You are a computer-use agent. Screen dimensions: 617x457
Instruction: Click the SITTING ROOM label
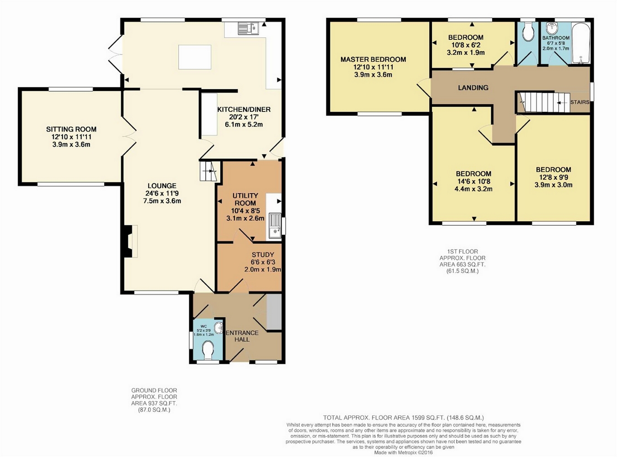71,129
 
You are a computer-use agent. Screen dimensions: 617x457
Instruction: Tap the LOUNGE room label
162,186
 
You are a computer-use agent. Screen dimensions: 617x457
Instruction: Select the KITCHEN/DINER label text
244,109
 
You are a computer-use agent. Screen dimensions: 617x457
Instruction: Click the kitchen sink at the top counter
249,29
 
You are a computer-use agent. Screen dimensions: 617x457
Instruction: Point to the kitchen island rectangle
194,57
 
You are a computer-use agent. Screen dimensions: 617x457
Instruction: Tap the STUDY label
263,255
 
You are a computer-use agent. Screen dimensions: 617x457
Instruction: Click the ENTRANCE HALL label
242,336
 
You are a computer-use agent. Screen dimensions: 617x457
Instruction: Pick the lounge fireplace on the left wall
130,241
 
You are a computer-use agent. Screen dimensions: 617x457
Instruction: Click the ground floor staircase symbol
208,171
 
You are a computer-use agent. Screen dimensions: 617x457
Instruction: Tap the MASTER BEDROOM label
373,59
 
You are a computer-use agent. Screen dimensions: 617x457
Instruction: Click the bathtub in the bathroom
580,43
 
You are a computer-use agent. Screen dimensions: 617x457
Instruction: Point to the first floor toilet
528,32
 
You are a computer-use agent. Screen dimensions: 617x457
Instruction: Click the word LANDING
473,88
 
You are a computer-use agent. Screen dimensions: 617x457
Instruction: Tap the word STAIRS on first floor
580,102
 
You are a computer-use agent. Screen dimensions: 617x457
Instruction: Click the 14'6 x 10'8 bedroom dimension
473,181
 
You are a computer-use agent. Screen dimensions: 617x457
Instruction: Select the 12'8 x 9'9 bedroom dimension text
553,177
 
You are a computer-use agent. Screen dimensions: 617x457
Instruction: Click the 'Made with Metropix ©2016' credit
404,452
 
